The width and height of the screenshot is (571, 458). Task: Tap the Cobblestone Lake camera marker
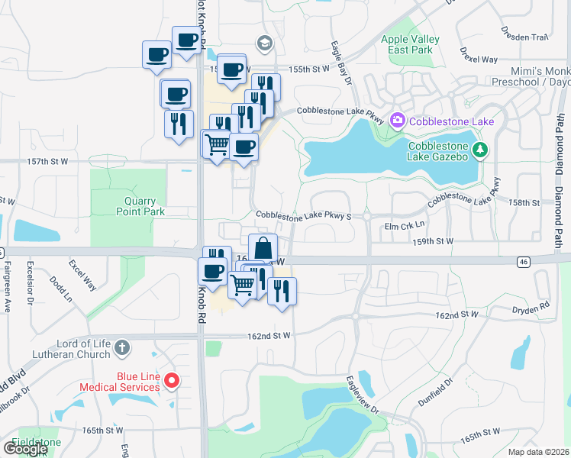pos(397,121)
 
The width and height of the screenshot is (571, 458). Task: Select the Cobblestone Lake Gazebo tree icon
pos(480,150)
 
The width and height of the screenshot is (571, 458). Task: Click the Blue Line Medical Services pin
pos(172,380)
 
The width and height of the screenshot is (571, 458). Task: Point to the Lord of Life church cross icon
pos(122,349)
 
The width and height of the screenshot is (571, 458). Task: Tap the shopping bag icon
pos(263,249)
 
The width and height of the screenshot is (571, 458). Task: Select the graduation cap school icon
pos(265,43)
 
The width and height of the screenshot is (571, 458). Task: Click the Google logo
pos(25,449)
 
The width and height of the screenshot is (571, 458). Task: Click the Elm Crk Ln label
pos(403,226)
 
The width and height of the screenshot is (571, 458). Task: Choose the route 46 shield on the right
pos(523,261)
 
